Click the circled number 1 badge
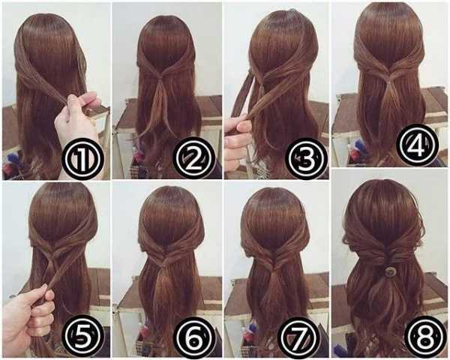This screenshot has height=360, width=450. (x=82, y=158)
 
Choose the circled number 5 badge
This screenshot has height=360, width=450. (x=82, y=337)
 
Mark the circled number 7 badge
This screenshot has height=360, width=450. (x=300, y=337)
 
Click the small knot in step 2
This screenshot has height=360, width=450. (x=160, y=77)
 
